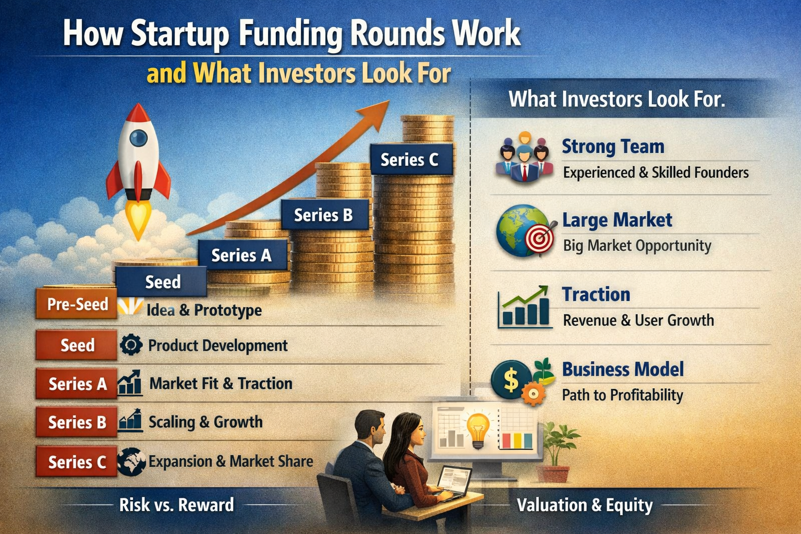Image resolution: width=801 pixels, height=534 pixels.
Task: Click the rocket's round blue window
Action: [138, 138]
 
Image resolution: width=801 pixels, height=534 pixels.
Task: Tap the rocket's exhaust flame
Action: [138, 219]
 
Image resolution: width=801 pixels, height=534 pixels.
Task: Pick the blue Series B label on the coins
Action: [323, 215]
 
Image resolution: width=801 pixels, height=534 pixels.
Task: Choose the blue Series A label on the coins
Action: [241, 255]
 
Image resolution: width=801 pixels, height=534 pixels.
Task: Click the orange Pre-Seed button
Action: [77, 304]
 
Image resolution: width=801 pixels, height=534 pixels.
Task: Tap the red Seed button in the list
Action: [77, 345]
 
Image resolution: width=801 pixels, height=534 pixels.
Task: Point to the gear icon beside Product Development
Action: [130, 345]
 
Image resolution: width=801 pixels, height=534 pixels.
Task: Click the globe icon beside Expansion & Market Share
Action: [131, 462]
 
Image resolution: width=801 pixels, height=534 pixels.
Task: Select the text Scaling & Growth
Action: [205, 422]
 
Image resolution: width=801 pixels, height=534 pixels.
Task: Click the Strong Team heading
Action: [613, 147]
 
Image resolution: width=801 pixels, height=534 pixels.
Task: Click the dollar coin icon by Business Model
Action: [511, 380]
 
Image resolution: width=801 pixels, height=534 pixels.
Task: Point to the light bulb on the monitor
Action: [478, 428]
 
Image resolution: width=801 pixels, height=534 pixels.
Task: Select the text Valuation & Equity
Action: [585, 505]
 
